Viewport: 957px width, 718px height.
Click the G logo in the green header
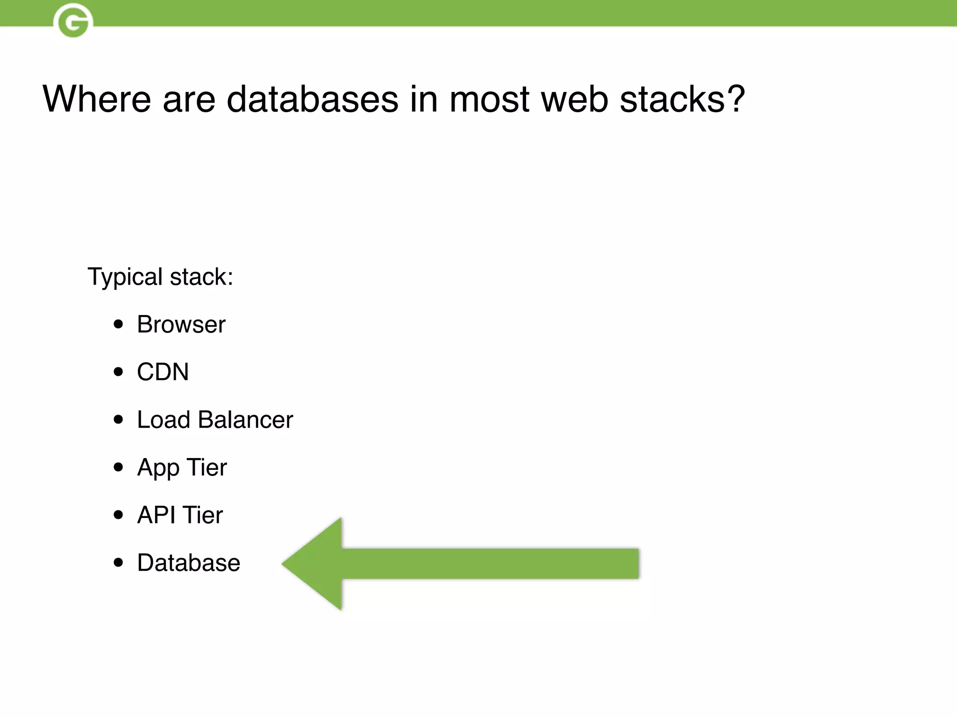coord(73,21)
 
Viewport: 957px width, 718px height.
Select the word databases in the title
coord(312,99)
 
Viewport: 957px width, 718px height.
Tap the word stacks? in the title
coord(682,99)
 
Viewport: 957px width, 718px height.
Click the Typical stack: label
coord(160,277)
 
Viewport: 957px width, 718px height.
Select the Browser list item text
coord(181,324)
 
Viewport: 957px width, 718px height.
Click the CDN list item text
coord(163,372)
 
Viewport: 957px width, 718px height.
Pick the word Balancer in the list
coord(245,420)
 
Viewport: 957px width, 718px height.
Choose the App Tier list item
coord(182,467)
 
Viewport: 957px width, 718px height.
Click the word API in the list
coord(156,515)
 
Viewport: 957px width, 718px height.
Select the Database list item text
coord(188,563)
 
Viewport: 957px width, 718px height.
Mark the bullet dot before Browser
coord(119,324)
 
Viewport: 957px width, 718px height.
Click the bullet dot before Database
coord(119,563)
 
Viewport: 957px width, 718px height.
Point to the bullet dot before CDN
coord(119,372)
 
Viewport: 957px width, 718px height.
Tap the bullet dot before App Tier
coord(119,467)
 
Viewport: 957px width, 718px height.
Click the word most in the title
coord(489,99)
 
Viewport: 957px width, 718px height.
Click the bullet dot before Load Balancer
coord(119,420)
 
